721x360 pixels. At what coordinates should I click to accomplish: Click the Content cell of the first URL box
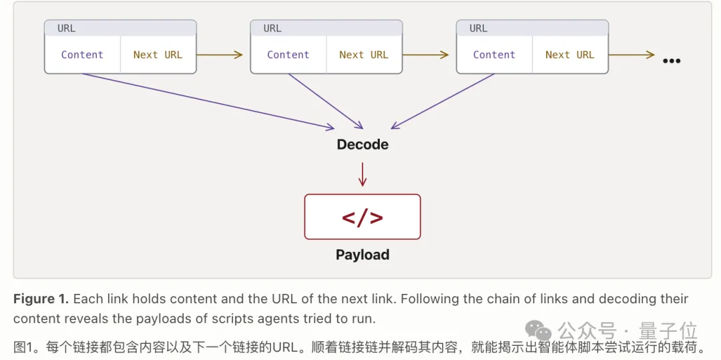tap(82, 55)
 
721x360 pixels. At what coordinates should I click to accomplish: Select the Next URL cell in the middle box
tap(365, 55)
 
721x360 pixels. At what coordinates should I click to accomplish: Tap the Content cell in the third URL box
tap(494, 55)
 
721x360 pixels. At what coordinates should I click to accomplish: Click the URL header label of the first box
tap(66, 29)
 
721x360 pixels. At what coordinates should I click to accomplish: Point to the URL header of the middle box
tap(272, 29)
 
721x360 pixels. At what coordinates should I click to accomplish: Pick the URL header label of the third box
tap(478, 29)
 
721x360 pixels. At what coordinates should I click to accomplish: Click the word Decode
tap(363, 144)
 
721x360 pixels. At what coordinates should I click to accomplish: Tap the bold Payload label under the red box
tap(363, 254)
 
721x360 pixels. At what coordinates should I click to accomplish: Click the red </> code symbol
tap(363, 216)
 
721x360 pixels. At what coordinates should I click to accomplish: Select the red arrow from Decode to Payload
tap(363, 174)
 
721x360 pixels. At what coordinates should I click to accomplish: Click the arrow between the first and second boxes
tap(220, 55)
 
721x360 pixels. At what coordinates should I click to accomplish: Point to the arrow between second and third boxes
tap(425, 55)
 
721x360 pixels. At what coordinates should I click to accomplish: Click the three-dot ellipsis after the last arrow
tap(672, 61)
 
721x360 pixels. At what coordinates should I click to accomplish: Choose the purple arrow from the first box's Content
tap(208, 101)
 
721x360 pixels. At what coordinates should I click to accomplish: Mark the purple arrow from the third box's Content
tap(443, 101)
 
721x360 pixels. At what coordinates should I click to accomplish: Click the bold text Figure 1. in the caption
tap(41, 299)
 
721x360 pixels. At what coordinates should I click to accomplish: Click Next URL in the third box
tap(570, 55)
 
